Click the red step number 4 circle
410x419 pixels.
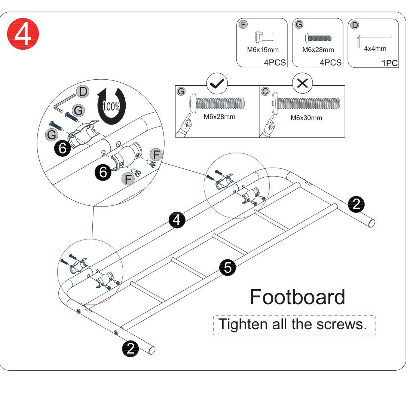(x=23, y=34)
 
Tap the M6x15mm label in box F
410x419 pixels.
(x=263, y=50)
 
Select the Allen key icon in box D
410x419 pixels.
(x=374, y=41)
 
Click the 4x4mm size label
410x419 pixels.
(x=375, y=49)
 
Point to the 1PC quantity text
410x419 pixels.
(x=389, y=63)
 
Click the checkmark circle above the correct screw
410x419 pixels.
(x=217, y=83)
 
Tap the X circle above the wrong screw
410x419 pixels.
(x=302, y=83)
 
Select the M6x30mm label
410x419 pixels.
(x=306, y=118)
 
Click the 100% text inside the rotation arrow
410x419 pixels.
(x=111, y=107)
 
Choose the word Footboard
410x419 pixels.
(x=297, y=297)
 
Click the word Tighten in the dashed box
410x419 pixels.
(x=243, y=324)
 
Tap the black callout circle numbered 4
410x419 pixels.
(x=177, y=220)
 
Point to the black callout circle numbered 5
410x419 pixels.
(x=227, y=267)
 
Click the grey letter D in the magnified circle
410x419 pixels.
(x=83, y=92)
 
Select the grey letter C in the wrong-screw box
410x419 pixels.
(x=265, y=91)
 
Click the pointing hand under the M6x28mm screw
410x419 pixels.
(x=186, y=125)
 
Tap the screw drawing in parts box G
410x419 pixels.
(x=318, y=38)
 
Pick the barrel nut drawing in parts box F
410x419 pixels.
(x=264, y=37)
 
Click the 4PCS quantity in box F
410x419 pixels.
(x=275, y=62)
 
